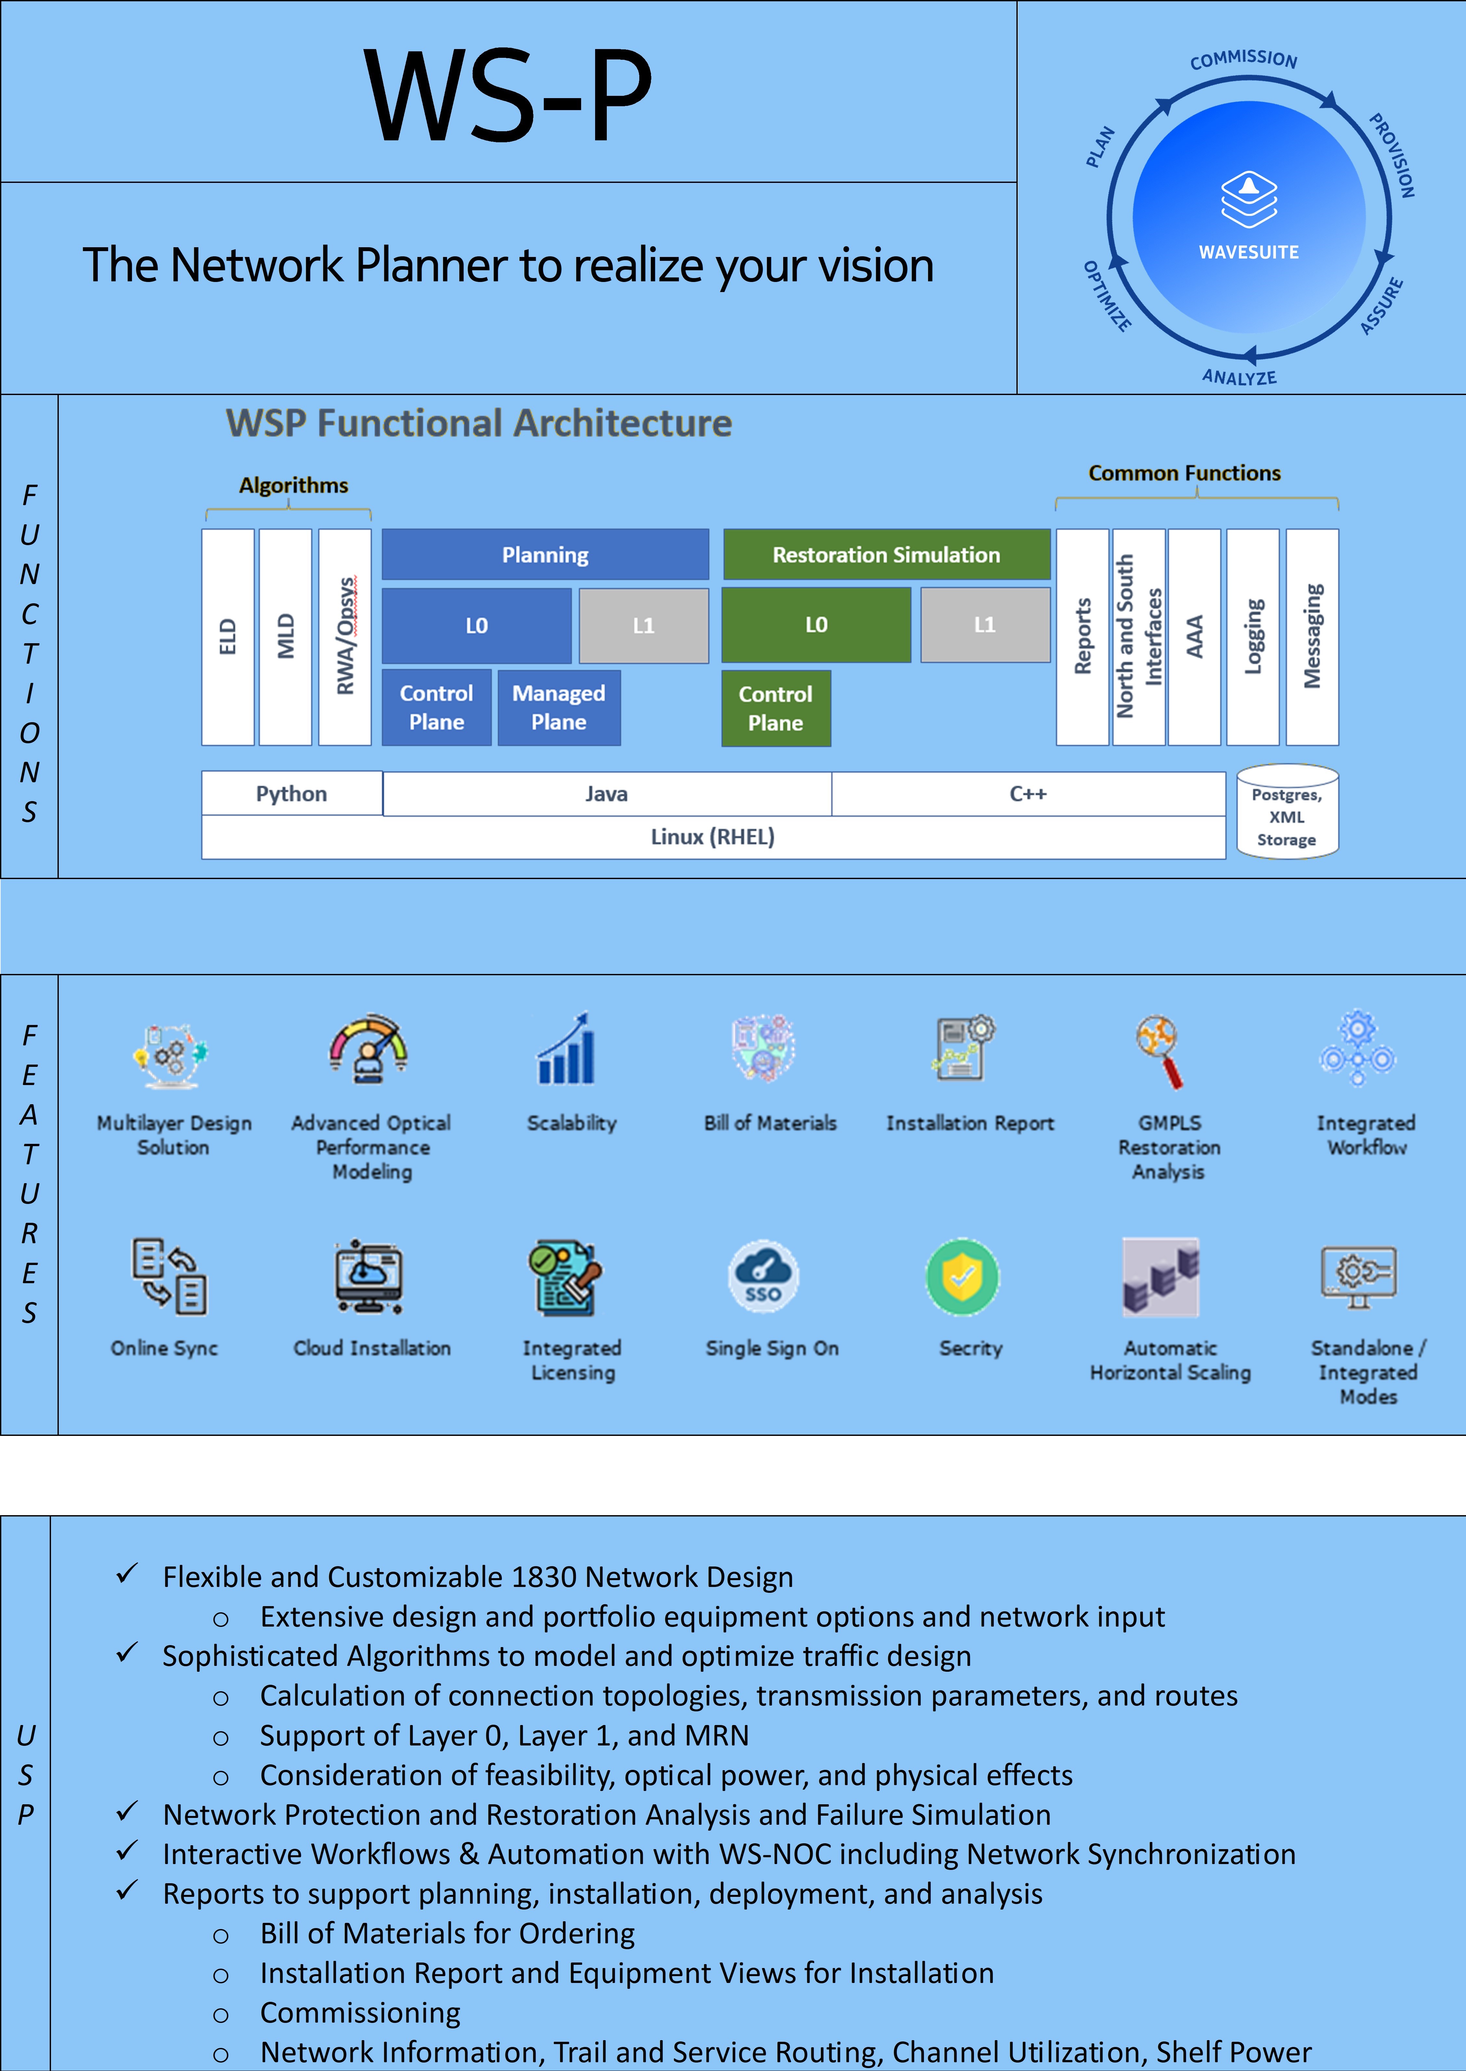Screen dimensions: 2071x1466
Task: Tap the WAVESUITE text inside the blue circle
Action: (1248, 252)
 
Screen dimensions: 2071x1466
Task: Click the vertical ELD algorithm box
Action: (227, 636)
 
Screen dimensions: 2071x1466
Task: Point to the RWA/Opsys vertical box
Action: (345, 636)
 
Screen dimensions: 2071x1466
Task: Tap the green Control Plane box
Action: (775, 709)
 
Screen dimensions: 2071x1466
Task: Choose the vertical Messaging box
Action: (1312, 636)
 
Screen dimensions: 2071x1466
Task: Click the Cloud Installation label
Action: (372, 1348)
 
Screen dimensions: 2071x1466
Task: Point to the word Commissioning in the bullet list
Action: (360, 2012)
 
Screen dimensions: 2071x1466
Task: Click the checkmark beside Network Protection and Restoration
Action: (127, 1811)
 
